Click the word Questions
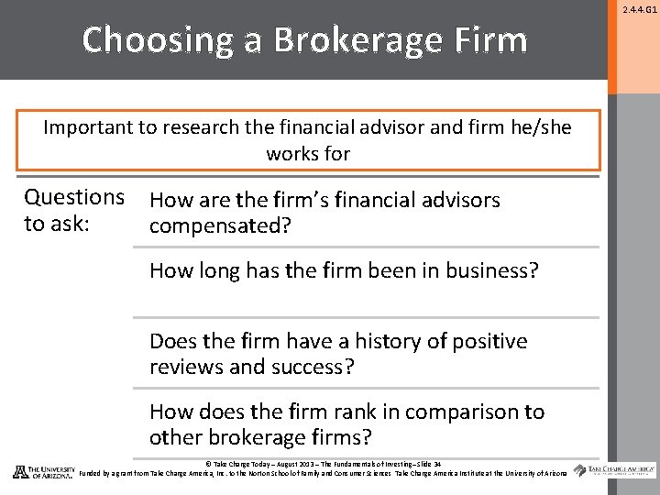coord(74,197)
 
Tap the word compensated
coord(220,225)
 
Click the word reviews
coord(186,367)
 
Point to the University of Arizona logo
coord(43,472)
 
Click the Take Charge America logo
coord(615,471)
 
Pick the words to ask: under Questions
coord(57,224)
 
